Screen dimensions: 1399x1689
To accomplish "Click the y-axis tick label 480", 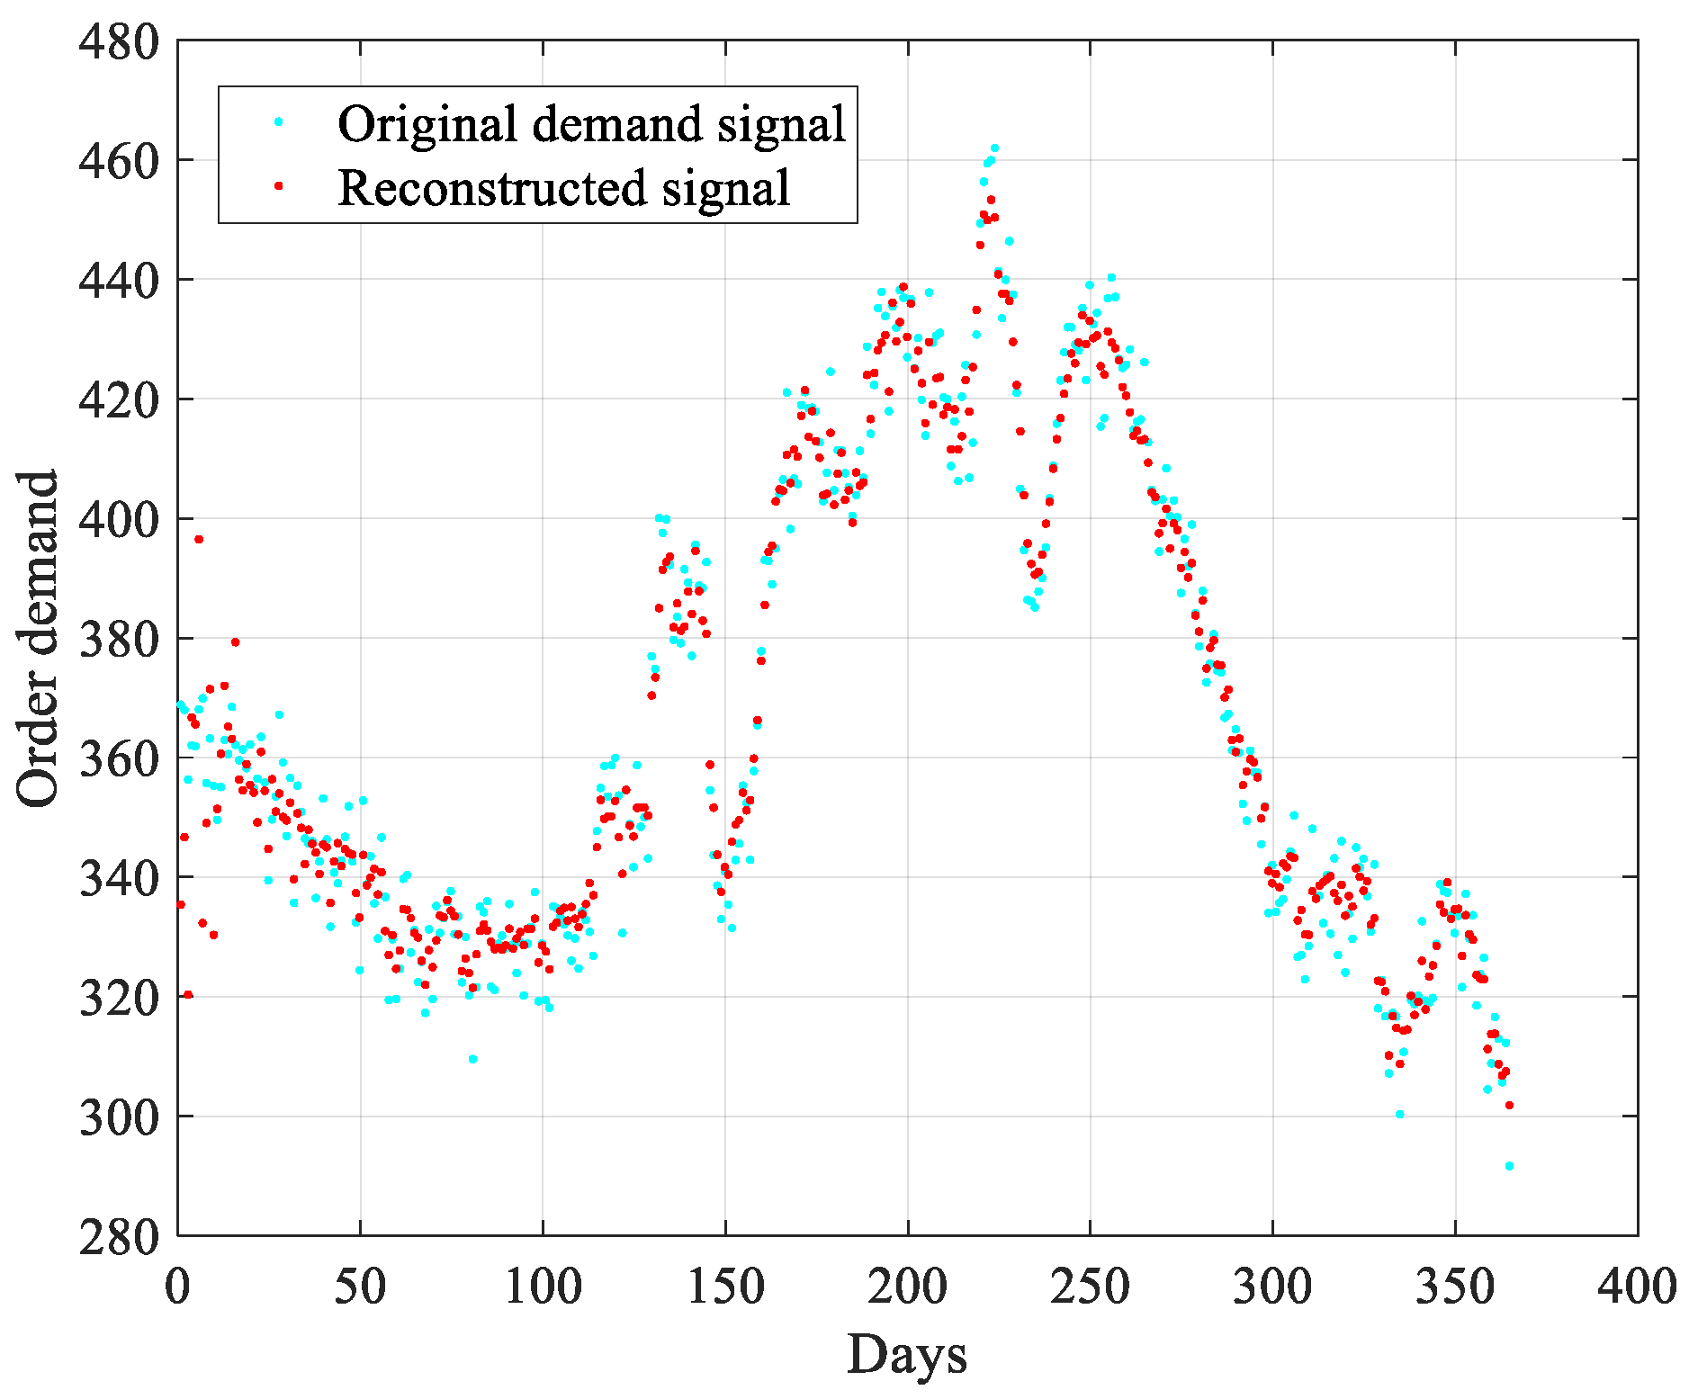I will click(118, 41).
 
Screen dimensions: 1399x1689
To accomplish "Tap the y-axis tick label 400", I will click(118, 520).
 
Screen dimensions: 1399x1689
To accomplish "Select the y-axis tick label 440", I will click(118, 281).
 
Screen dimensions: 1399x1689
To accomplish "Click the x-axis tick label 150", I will click(725, 1287).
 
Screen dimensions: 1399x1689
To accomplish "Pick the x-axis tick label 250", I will click(1090, 1287).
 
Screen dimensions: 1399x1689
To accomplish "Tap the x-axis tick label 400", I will click(1637, 1287).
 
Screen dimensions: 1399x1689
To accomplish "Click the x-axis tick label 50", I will click(360, 1287).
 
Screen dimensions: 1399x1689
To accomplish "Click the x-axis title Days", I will click(907, 1355).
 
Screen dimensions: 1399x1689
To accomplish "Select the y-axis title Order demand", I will click(38, 638).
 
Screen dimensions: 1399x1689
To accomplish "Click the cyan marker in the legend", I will click(279, 121).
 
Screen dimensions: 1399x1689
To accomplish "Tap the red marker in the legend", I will click(279, 185).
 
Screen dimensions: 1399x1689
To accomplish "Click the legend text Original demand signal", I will click(591, 123).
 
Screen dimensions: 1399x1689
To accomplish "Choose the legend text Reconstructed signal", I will click(563, 188).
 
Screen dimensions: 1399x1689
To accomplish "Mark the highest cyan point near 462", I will click(994, 148).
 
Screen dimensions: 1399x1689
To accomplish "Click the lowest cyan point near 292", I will click(1509, 1166).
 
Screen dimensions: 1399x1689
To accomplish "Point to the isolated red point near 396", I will click(199, 539).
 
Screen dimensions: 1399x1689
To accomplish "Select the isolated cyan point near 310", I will click(472, 1059).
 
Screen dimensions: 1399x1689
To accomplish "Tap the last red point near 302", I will click(1509, 1105).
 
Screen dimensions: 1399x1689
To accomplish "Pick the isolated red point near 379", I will click(235, 641).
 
